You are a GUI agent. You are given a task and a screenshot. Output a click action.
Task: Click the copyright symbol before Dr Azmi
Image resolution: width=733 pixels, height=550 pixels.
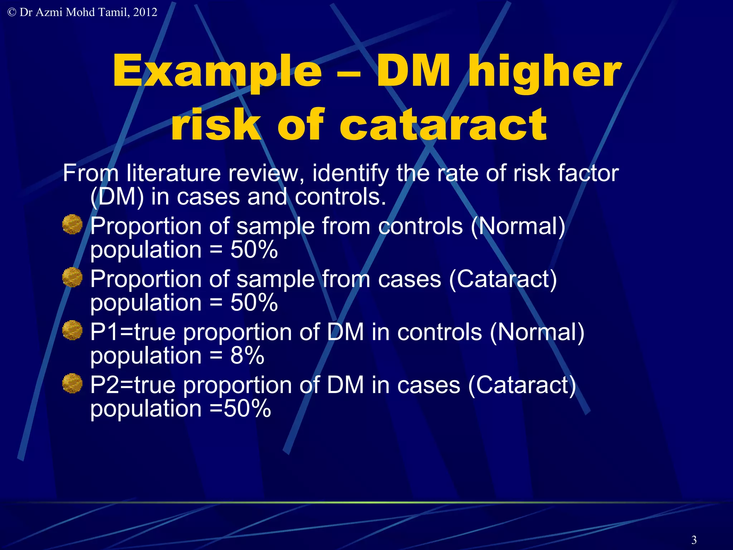(11, 13)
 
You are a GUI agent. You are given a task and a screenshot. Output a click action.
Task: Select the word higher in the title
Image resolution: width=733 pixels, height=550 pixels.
(545, 72)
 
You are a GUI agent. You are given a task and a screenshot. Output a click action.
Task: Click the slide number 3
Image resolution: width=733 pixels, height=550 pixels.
(694, 540)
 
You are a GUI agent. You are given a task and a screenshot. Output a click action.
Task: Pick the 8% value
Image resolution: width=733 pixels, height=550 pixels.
(247, 356)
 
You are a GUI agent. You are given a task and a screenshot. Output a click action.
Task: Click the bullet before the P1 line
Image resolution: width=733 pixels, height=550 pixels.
(72, 330)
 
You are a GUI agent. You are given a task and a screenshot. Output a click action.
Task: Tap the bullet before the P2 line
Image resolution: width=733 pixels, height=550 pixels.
(72, 383)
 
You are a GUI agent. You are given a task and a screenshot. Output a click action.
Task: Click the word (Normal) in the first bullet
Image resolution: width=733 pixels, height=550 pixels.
(518, 226)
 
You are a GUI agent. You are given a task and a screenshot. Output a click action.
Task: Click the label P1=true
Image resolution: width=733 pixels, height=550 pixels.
(132, 332)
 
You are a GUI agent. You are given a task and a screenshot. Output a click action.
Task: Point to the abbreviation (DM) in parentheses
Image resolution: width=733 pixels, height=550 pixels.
(117, 197)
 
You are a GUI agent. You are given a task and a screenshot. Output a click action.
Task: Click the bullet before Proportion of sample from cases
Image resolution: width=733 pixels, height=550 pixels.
(72, 277)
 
